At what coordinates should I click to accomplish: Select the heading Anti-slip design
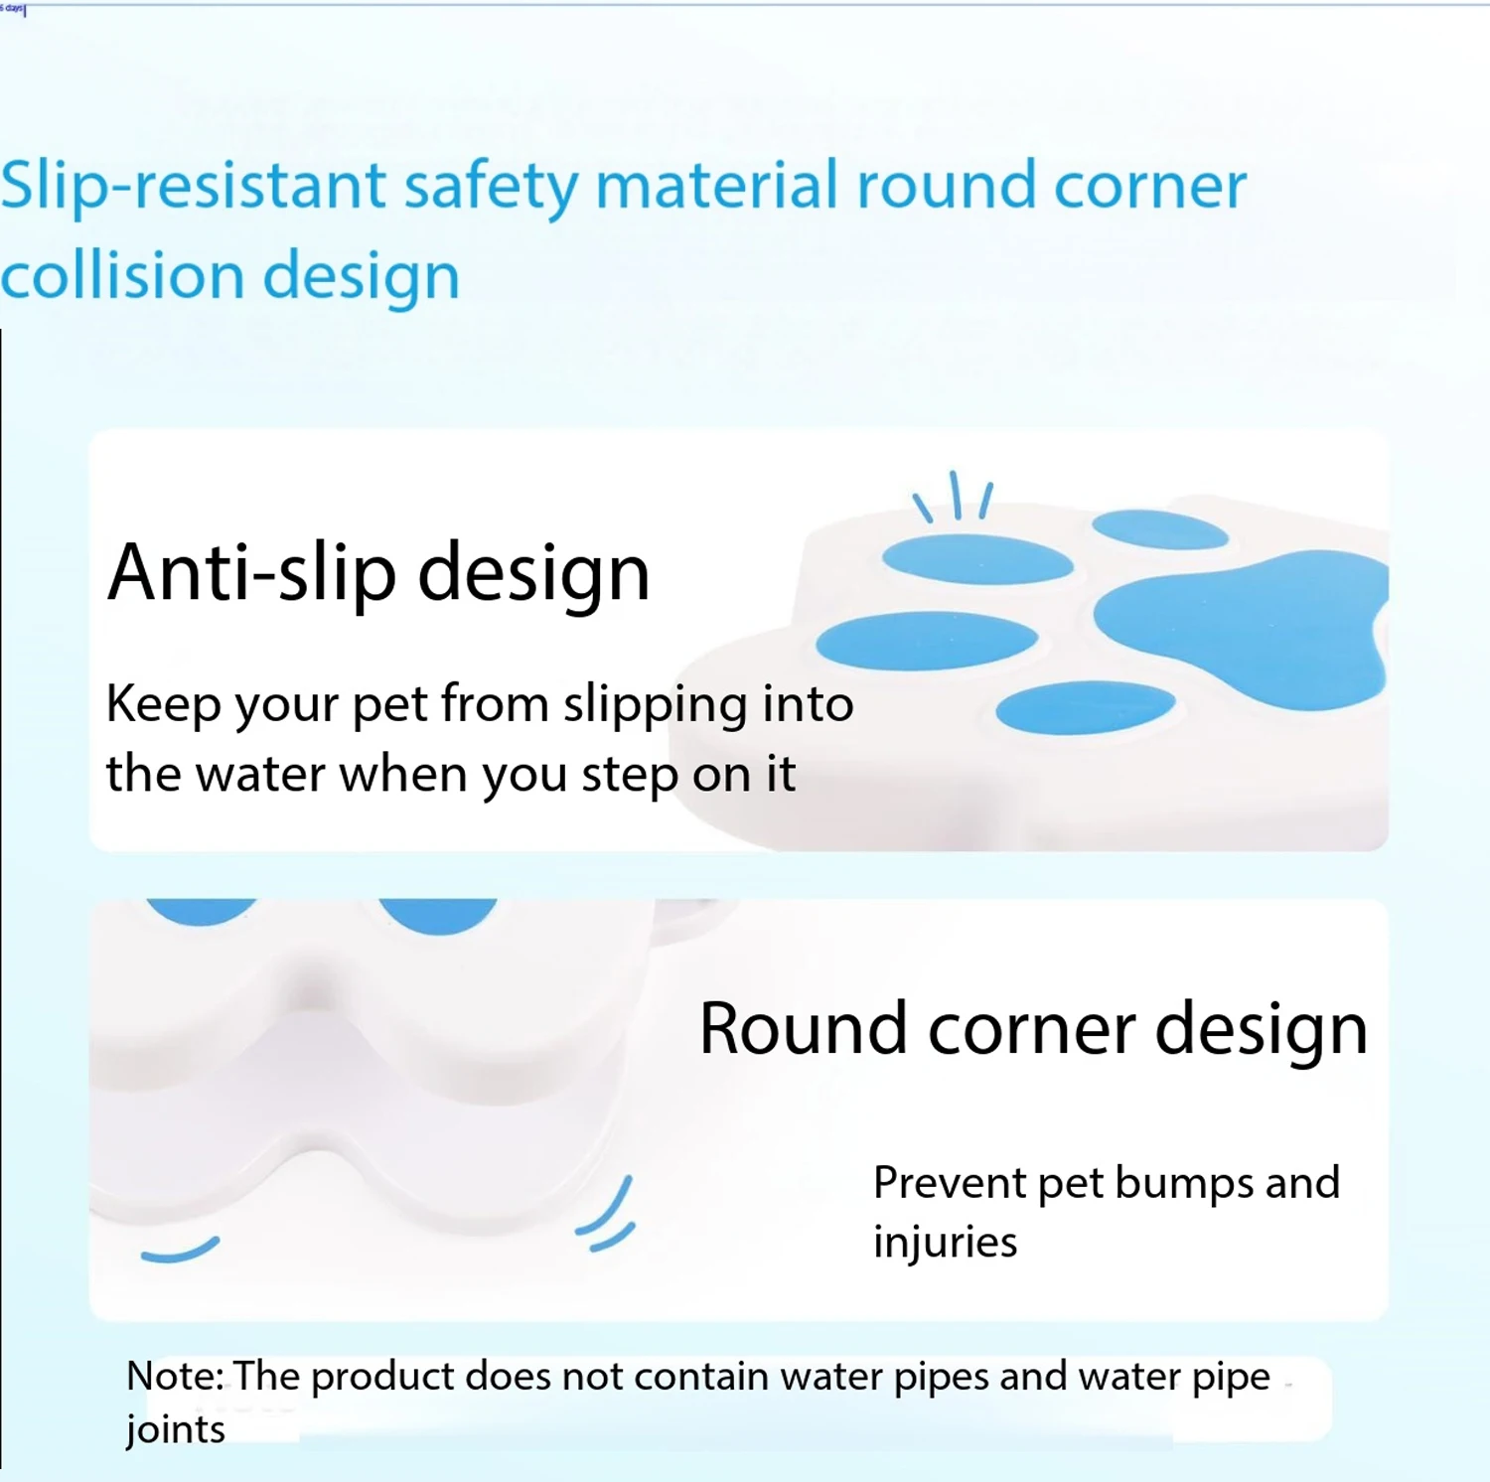pos(378,574)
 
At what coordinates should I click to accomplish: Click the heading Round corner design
pos(1033,1030)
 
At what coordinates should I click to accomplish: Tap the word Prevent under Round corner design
pos(950,1183)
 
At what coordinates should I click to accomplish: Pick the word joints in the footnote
pos(176,1430)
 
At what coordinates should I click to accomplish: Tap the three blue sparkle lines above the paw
pos(954,496)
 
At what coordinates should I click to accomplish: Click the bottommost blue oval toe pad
pos(1086,708)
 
